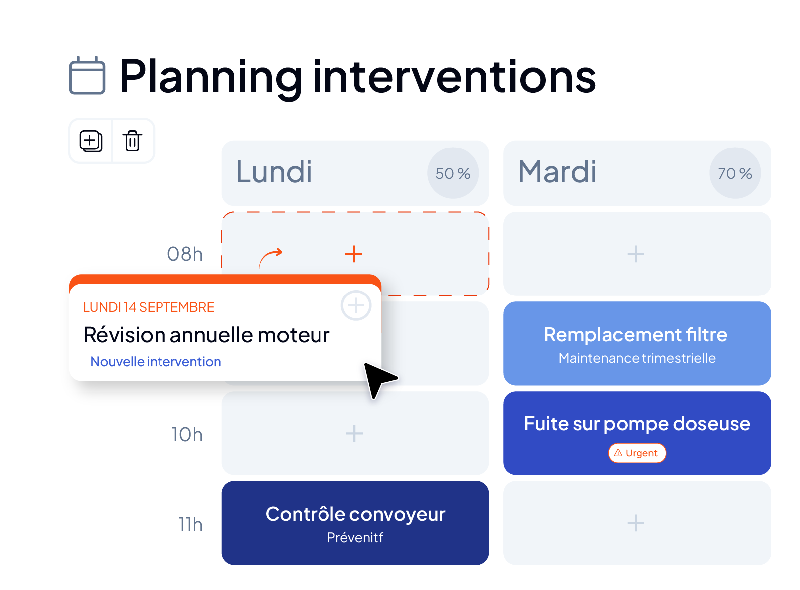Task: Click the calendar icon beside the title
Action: (x=87, y=75)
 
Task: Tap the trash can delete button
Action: (x=132, y=141)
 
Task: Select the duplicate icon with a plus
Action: (x=91, y=141)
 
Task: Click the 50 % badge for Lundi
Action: (x=453, y=173)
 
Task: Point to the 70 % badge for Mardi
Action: (x=735, y=173)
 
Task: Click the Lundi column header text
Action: (x=274, y=172)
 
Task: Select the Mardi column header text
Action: (x=557, y=172)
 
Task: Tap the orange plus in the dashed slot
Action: (x=354, y=254)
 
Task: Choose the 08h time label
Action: (x=185, y=254)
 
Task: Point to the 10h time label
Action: (x=187, y=435)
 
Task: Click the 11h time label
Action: (x=191, y=525)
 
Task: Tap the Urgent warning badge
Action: (x=637, y=453)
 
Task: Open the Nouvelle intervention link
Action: (x=156, y=362)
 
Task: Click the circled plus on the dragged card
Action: (x=356, y=306)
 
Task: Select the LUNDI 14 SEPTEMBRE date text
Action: (x=149, y=307)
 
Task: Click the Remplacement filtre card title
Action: (x=636, y=335)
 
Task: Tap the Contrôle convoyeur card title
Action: (x=355, y=514)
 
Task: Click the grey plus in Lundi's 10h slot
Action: (x=354, y=433)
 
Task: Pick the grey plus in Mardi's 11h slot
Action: (x=636, y=523)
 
